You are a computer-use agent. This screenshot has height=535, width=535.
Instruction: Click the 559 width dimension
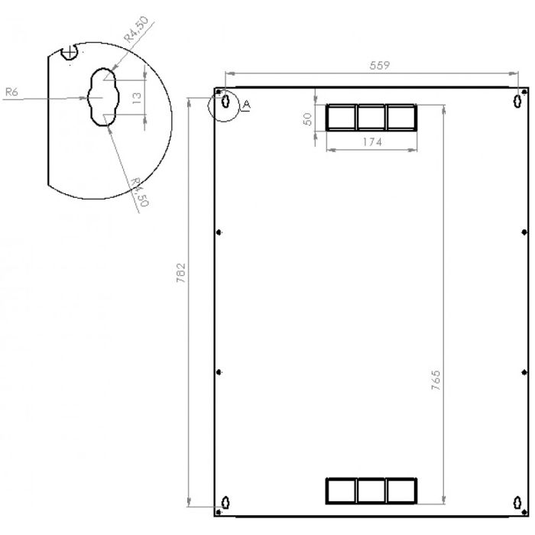(380, 66)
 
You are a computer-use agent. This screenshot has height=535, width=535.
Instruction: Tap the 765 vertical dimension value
(436, 381)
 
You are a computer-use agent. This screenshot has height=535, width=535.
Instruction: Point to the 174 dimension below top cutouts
(371, 142)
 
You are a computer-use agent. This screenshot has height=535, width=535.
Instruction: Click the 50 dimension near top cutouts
(307, 120)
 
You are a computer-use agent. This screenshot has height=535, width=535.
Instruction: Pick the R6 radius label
(11, 92)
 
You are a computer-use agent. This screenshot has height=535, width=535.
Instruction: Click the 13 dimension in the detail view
(137, 97)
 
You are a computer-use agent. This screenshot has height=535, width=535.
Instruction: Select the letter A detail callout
(246, 105)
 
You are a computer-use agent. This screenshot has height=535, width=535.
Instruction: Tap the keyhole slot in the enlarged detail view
(102, 96)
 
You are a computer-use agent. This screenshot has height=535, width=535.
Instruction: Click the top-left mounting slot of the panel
(225, 101)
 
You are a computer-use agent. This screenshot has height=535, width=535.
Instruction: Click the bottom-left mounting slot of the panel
(225, 502)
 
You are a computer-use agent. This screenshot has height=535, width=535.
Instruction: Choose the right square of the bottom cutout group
(401, 491)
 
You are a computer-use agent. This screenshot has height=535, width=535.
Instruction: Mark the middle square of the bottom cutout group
(371, 491)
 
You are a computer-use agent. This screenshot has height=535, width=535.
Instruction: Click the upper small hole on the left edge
(219, 232)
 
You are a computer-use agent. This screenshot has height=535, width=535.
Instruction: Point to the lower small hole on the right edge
(523, 372)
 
